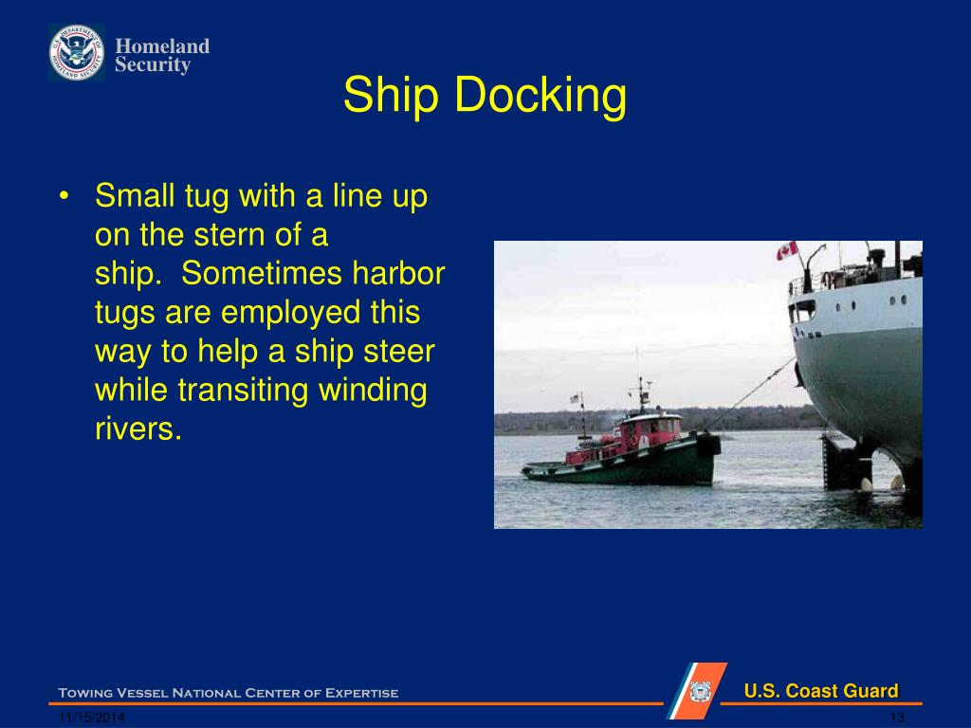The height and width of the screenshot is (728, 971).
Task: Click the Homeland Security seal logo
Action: pos(77,53)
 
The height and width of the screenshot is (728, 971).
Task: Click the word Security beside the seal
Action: pos(153,65)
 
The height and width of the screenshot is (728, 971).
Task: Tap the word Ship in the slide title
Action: pos(390,96)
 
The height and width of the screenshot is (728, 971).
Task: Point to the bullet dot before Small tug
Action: pos(64,197)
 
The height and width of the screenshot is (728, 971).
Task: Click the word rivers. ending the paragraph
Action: pos(137,428)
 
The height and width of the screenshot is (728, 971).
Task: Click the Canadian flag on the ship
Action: pos(786,251)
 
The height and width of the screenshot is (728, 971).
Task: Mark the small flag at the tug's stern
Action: pos(575,399)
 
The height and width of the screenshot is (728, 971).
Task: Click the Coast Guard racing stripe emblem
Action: pos(697,691)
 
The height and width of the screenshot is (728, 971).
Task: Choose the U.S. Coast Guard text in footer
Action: pos(820,691)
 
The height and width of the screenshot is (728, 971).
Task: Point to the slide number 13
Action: pos(896,718)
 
